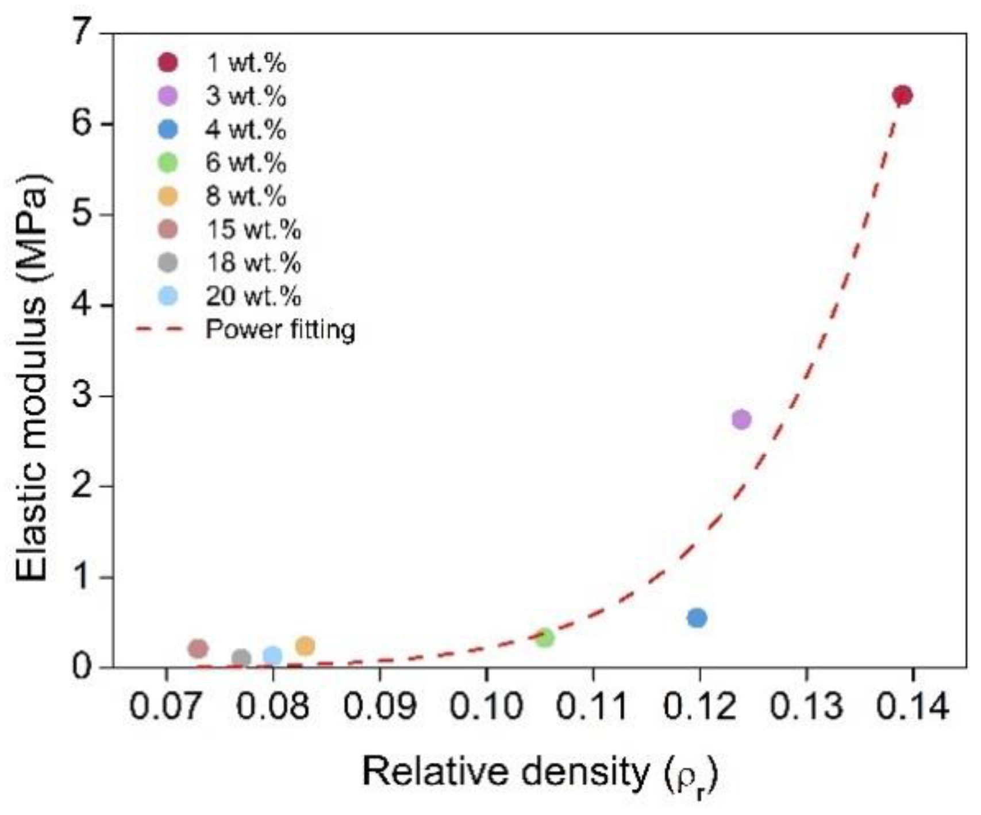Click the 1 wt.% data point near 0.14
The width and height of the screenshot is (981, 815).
pyautogui.click(x=903, y=95)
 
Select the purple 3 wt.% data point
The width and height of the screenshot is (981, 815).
pyautogui.click(x=741, y=419)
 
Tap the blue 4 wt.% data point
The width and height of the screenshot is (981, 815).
pyautogui.click(x=697, y=618)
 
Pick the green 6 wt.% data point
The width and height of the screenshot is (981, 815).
pyautogui.click(x=544, y=637)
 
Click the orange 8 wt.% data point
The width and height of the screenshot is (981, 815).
pyautogui.click(x=305, y=646)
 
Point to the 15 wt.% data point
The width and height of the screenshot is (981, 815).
pyautogui.click(x=198, y=648)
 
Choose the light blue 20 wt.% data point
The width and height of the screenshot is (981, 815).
pyautogui.click(x=273, y=655)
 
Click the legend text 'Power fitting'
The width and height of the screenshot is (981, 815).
pyautogui.click(x=280, y=330)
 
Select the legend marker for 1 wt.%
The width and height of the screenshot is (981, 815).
pyautogui.click(x=168, y=63)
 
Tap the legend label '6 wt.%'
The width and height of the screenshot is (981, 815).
pyautogui.click(x=246, y=163)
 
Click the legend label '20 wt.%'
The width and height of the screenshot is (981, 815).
pyautogui.click(x=253, y=296)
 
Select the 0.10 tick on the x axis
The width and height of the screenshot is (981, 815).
pyautogui.click(x=486, y=707)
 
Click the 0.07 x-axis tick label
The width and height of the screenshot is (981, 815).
pyautogui.click(x=166, y=707)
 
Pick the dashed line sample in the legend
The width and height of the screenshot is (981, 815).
pyautogui.click(x=159, y=330)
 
